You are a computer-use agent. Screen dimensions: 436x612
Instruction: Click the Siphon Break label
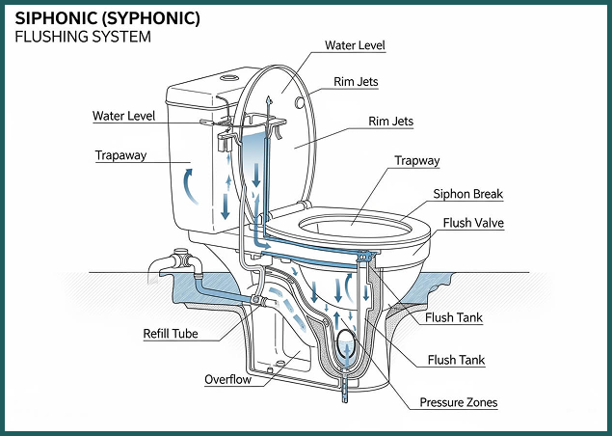(468, 194)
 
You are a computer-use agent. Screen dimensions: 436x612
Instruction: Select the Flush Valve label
(471, 223)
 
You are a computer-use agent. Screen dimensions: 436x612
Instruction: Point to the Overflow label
(228, 379)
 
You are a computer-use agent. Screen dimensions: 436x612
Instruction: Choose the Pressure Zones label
(459, 402)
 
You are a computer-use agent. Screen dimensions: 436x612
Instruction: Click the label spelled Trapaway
(120, 154)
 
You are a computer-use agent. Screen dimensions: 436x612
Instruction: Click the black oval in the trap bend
(346, 342)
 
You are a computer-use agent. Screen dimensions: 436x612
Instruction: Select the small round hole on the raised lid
(299, 99)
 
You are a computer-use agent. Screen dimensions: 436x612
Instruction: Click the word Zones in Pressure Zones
(480, 402)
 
